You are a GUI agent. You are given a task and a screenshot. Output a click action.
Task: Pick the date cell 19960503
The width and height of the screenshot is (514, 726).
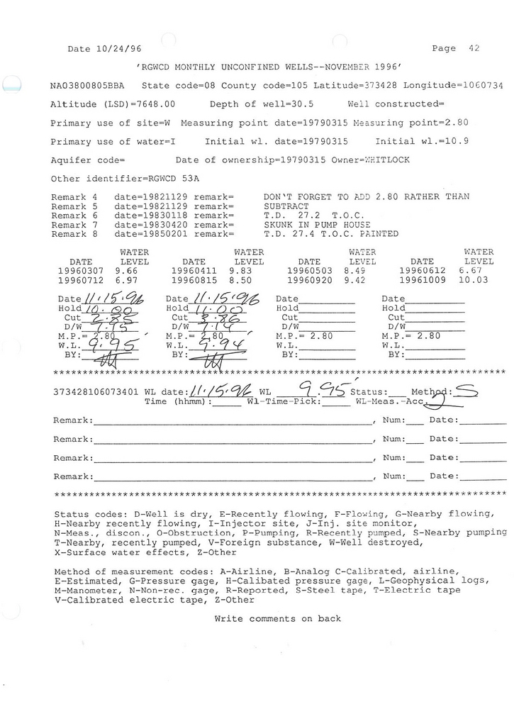click(310, 270)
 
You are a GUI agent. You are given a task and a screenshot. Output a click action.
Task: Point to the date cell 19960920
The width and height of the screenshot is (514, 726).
click(310, 280)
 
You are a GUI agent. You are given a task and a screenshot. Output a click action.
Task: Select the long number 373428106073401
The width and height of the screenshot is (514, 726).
click(96, 391)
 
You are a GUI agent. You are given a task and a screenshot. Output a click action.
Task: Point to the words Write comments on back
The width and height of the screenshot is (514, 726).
click(277, 618)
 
